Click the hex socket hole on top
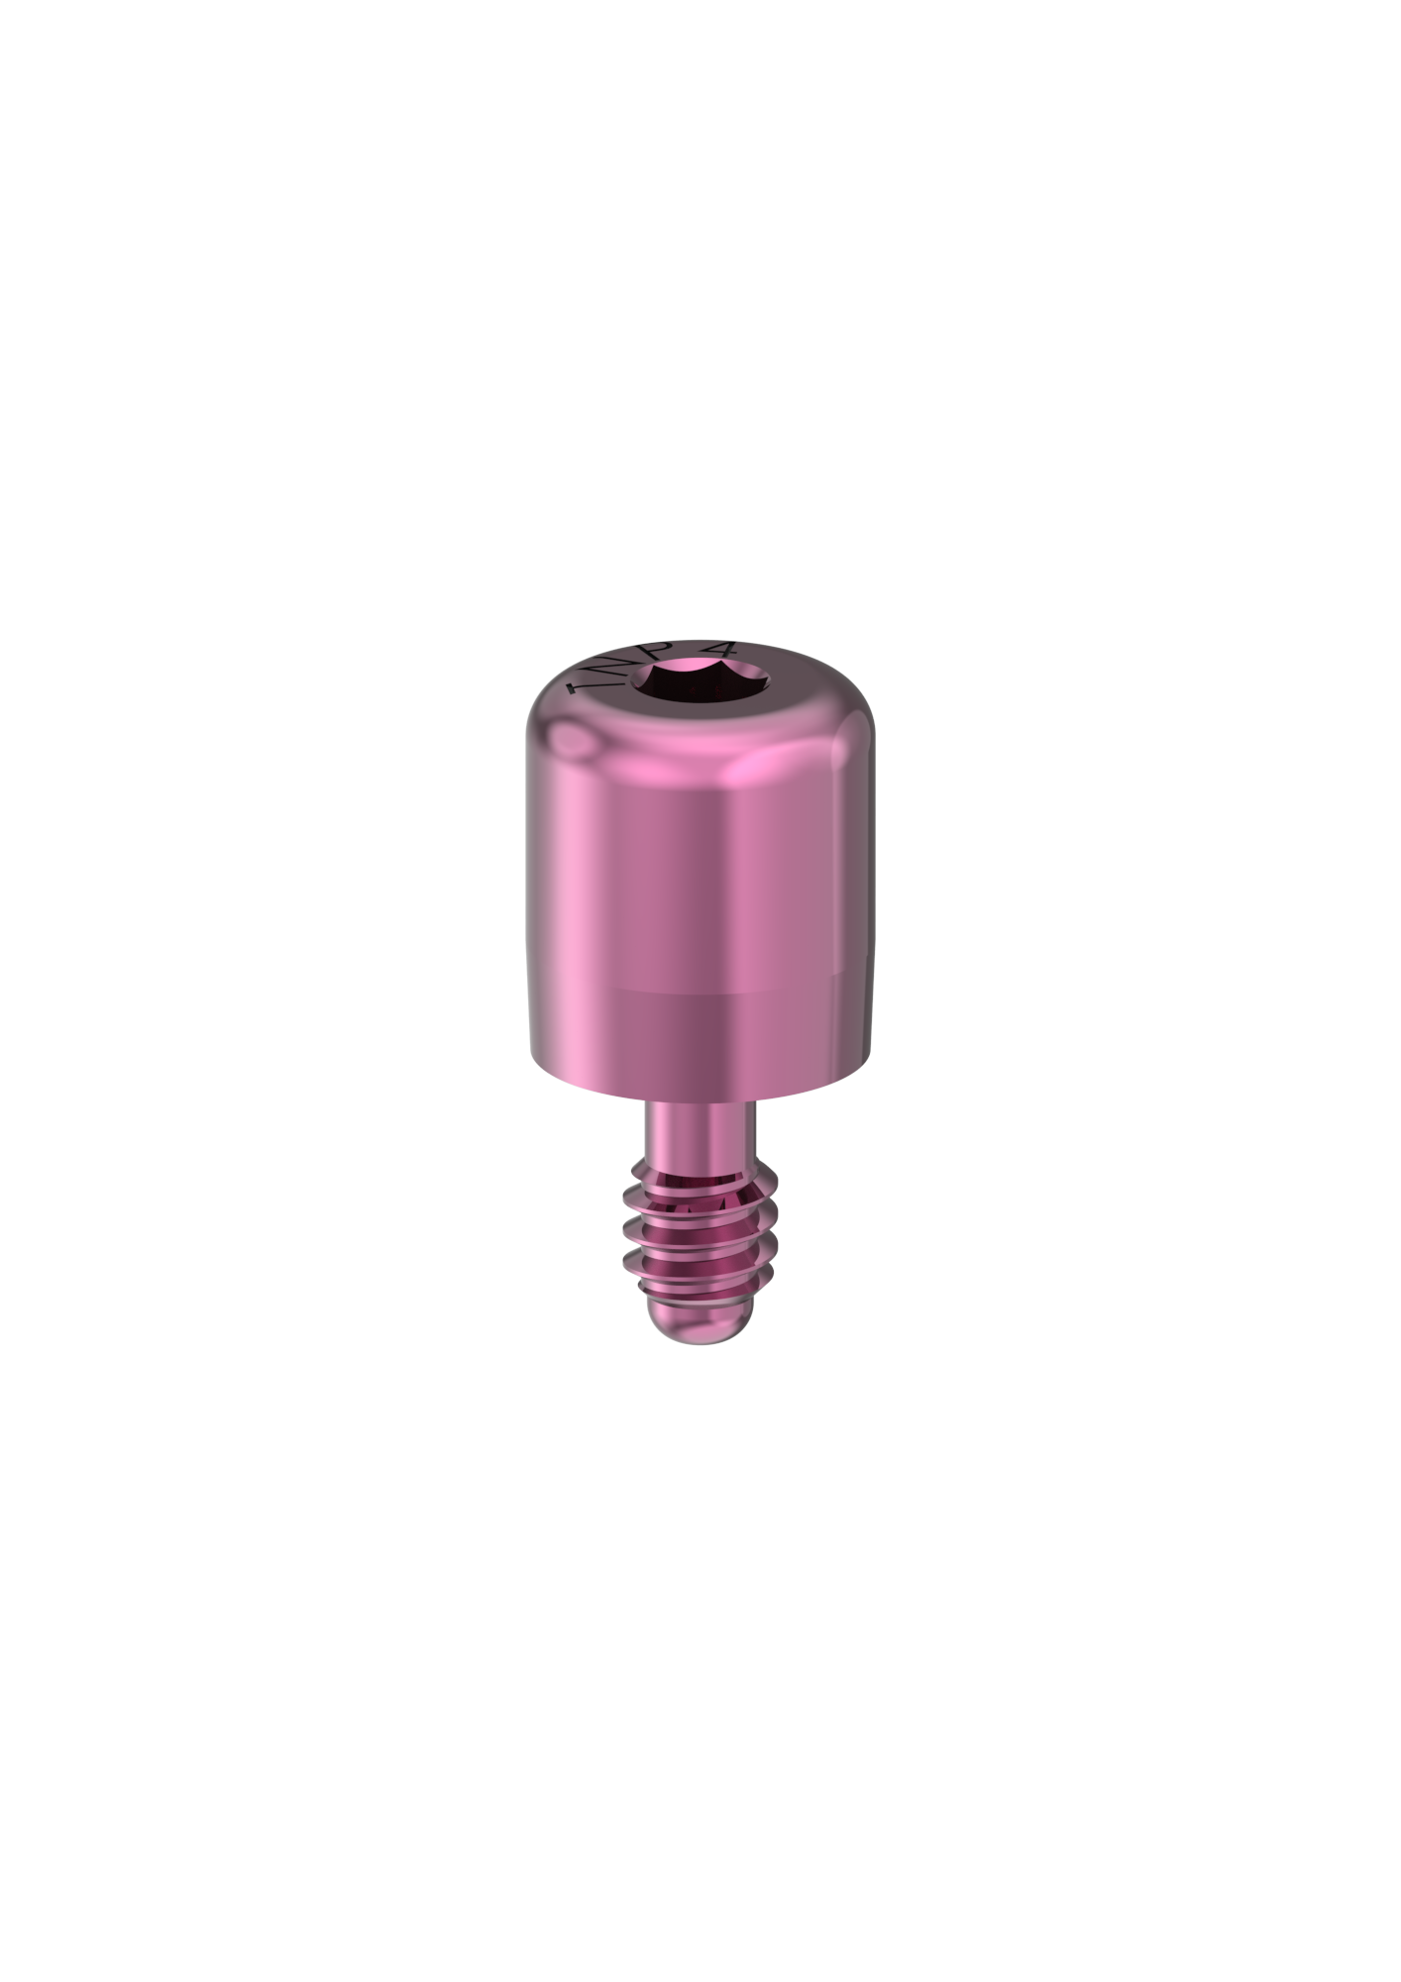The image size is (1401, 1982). click(701, 683)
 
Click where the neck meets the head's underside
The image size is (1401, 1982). click(700, 1101)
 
